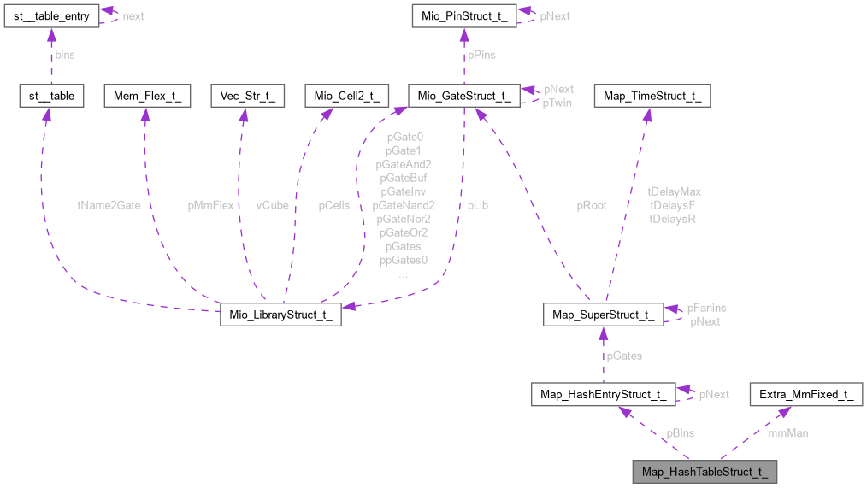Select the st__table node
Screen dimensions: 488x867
[52, 96]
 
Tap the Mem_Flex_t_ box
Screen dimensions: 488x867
[147, 96]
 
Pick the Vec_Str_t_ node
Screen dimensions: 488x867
[247, 96]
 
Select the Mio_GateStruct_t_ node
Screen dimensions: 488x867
[463, 96]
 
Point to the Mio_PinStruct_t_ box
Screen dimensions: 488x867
[463, 16]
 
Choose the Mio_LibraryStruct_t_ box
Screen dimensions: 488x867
[280, 315]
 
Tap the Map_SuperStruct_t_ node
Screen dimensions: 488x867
[603, 315]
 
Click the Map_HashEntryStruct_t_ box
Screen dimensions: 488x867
[604, 394]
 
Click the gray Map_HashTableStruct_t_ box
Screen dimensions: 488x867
[705, 472]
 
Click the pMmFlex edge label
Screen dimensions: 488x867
[210, 205]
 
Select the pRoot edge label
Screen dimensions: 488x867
[592, 205]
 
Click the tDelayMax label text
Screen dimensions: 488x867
[674, 191]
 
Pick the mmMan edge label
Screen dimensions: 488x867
[787, 433]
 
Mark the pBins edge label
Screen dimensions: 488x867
[681, 433]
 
